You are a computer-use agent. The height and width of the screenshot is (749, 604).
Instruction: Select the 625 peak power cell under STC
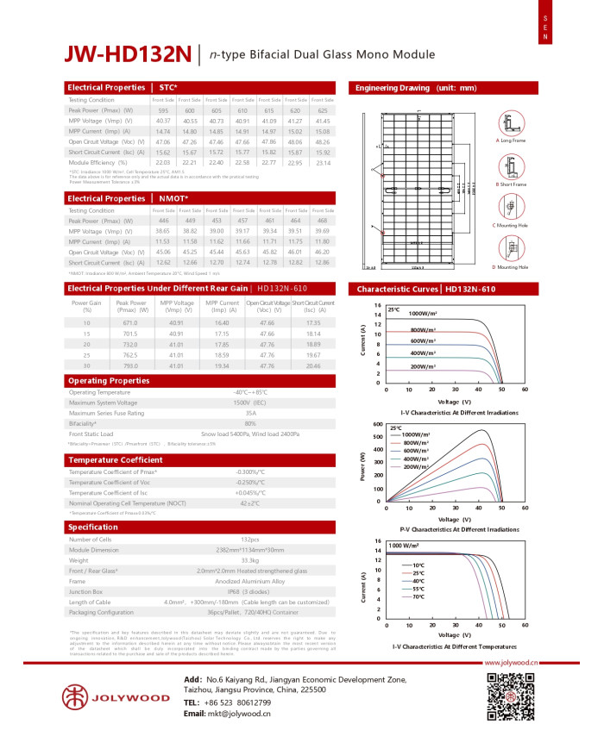point(324,111)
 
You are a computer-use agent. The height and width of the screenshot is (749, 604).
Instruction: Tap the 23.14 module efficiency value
point(324,162)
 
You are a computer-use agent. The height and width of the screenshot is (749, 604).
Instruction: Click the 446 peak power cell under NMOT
point(163,222)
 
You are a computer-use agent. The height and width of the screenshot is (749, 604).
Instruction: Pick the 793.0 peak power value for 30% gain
point(130,365)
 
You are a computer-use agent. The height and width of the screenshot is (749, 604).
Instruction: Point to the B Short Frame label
point(509,184)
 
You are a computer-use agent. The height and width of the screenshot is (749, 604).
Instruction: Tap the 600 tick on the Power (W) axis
point(377,424)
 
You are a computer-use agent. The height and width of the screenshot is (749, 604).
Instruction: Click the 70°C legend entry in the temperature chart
point(418,596)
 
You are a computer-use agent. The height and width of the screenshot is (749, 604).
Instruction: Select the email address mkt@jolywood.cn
point(239,714)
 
